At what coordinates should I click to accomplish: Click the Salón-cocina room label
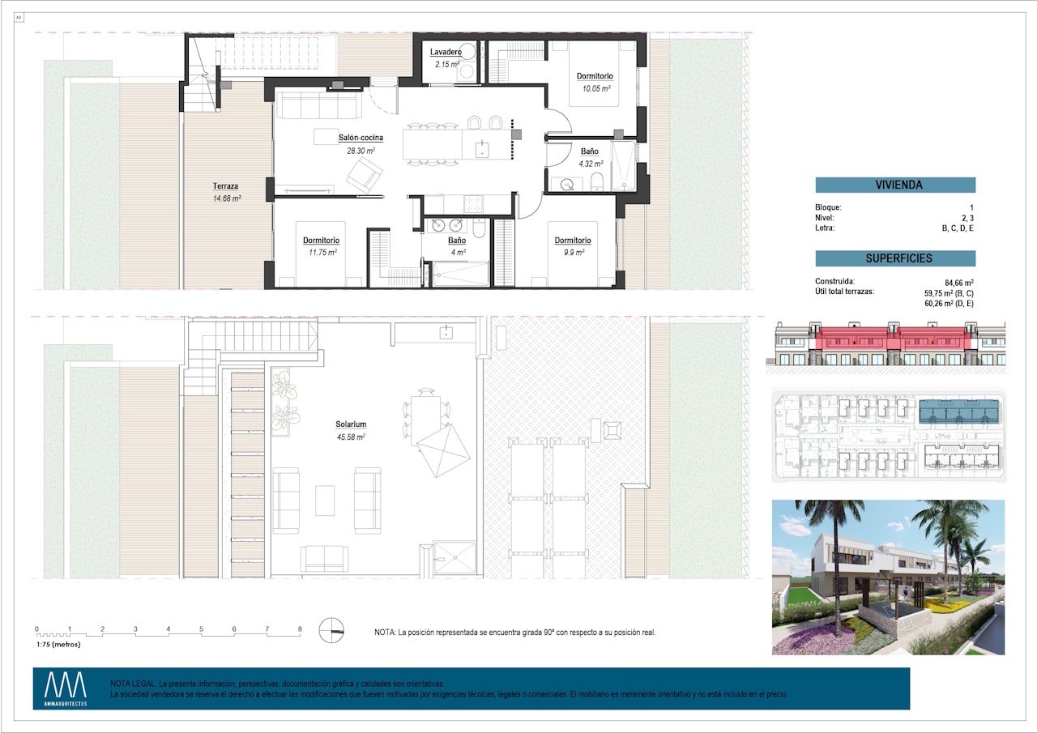361,138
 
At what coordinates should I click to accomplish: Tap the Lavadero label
446,53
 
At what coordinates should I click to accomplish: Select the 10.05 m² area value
590,89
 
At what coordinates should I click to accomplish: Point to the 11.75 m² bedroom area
321,253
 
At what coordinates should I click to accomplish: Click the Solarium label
351,424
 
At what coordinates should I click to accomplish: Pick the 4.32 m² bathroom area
590,164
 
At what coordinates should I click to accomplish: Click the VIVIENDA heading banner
895,185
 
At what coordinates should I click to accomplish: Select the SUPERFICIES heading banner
895,258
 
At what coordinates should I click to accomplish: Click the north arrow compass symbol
331,630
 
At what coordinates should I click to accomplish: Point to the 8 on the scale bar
300,629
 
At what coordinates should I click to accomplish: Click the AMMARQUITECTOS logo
66,688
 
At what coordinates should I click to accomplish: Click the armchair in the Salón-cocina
365,174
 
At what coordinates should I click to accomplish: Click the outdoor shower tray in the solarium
453,556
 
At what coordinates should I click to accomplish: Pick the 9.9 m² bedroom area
572,253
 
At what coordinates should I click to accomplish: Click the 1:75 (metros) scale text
58,645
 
